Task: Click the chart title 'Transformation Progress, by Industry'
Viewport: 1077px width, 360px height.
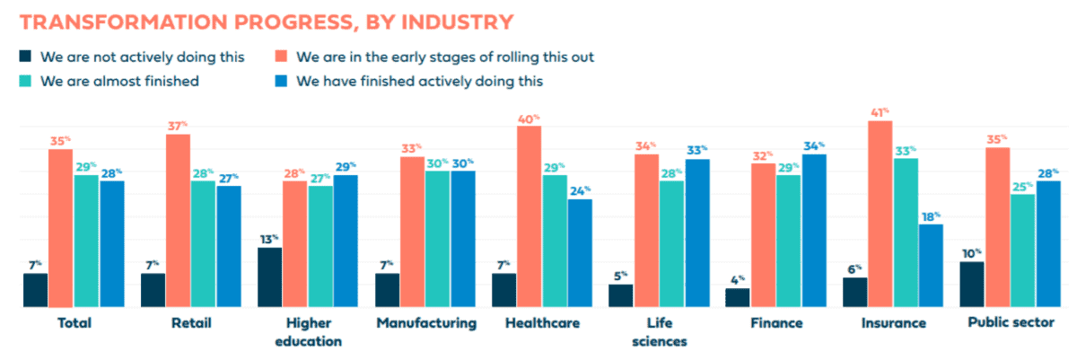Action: point(266,21)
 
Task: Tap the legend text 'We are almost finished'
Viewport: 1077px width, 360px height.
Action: point(121,81)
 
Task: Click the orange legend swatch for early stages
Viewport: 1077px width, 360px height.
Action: point(281,57)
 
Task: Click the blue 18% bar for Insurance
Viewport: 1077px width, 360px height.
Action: point(931,265)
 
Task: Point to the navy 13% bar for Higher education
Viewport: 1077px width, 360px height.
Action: point(269,277)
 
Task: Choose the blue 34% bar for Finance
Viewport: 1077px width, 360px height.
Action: point(814,231)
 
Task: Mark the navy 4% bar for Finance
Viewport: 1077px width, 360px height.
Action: point(738,297)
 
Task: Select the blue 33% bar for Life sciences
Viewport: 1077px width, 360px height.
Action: point(696,233)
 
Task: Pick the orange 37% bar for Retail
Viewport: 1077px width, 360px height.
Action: point(178,220)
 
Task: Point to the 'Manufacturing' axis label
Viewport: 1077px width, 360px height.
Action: point(426,323)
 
